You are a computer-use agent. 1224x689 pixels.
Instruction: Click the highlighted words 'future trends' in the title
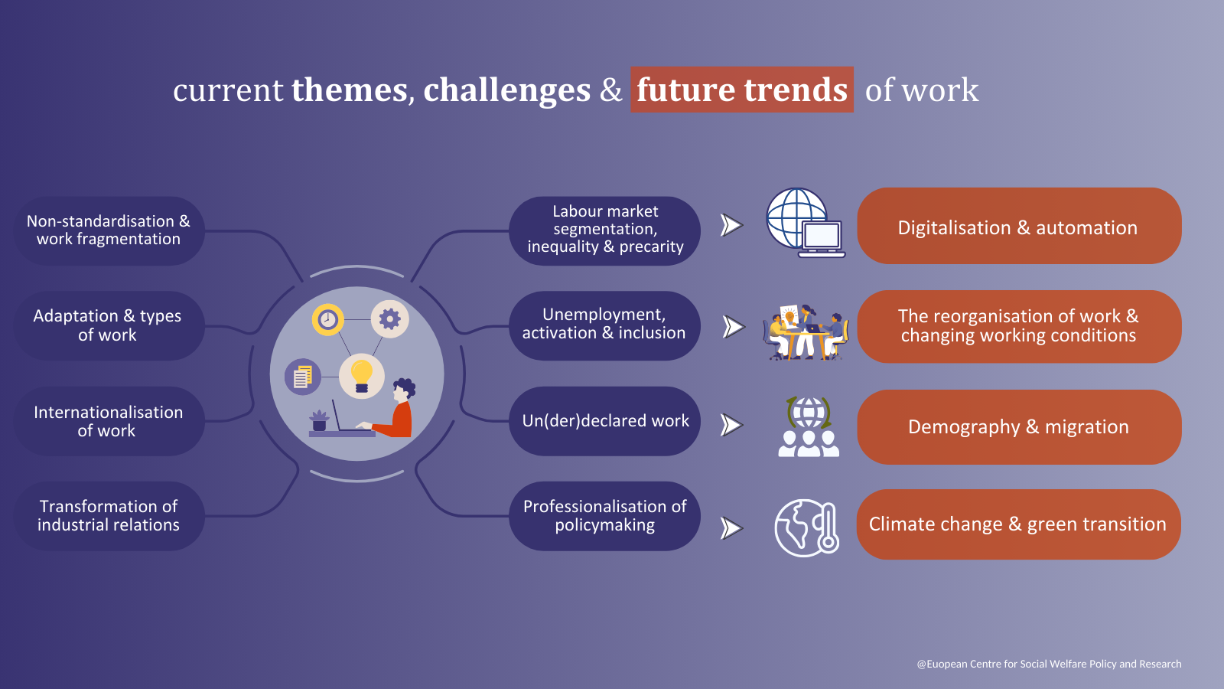[741, 90]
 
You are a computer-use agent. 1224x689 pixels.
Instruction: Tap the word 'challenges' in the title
[506, 90]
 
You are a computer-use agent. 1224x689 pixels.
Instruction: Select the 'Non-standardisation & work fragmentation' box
[109, 230]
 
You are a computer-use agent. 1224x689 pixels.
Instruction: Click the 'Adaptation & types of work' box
[109, 325]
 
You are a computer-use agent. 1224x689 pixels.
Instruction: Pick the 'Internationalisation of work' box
[109, 421]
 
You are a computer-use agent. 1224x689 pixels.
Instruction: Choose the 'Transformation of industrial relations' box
[109, 516]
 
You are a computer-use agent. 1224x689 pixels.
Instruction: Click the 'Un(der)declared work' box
[604, 421]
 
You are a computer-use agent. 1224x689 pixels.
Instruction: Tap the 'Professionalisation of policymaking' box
[604, 516]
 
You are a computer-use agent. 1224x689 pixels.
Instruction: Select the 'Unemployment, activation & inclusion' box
[604, 325]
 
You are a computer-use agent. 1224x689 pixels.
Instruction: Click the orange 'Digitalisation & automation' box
[1018, 226]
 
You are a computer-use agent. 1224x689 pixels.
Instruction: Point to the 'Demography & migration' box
[1018, 427]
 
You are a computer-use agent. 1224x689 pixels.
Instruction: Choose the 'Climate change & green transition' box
[1018, 524]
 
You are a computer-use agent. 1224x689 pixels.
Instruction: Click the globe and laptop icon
[806, 223]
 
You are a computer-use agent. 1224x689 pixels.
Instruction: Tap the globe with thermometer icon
[806, 527]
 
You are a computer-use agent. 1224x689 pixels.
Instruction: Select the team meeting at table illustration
[806, 332]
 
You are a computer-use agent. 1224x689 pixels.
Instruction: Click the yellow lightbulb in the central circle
[361, 376]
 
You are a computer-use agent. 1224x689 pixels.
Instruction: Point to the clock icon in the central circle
[328, 319]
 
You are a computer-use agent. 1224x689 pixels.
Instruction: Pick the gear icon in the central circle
[389, 318]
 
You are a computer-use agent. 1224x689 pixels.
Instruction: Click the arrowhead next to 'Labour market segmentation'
[731, 225]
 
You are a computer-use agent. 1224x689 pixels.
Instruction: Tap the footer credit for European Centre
[1049, 664]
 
